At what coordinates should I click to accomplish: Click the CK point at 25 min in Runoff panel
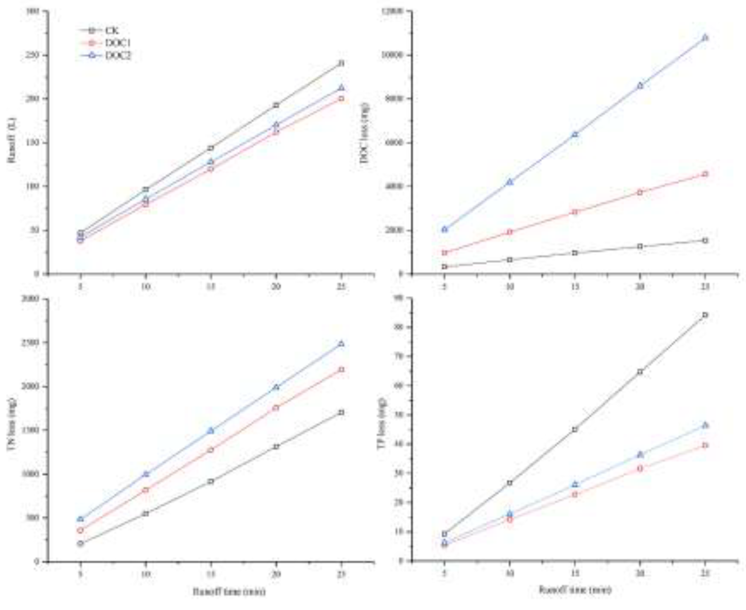(x=341, y=63)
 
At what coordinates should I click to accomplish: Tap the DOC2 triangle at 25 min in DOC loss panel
(x=705, y=37)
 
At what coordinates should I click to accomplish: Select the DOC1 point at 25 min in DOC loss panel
(x=705, y=174)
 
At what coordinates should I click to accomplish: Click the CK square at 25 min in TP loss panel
(x=705, y=315)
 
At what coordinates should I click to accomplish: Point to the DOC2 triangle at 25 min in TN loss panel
(x=341, y=343)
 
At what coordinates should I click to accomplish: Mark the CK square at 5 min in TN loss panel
(x=81, y=543)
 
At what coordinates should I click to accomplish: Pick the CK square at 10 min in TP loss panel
(x=510, y=483)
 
